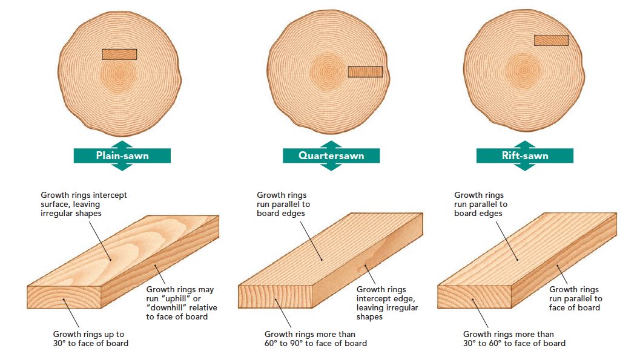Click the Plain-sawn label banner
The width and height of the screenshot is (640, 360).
click(122, 155)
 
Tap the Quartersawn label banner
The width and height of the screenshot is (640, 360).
click(331, 155)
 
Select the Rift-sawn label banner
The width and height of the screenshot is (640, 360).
click(525, 155)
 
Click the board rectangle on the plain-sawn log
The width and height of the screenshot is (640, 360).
click(120, 54)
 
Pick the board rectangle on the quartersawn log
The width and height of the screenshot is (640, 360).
click(365, 72)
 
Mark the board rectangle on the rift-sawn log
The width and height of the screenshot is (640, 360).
click(551, 40)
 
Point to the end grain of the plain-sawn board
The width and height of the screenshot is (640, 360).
click(64, 297)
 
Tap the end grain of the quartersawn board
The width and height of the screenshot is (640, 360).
click(275, 296)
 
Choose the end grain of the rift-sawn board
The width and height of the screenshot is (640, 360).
click(474, 296)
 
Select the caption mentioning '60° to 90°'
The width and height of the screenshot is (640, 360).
click(315, 339)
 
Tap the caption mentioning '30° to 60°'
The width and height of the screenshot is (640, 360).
click(514, 339)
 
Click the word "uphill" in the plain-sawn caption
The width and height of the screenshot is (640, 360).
click(176, 298)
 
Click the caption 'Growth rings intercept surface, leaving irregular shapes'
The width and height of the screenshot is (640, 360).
click(84, 204)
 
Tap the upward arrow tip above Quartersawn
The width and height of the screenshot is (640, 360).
click(331, 141)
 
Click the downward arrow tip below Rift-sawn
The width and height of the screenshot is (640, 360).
click(525, 170)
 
